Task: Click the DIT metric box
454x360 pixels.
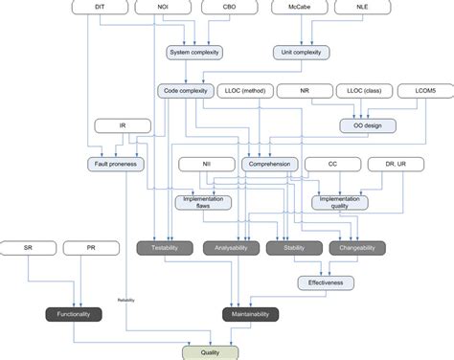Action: click(x=101, y=7)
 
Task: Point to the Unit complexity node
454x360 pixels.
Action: click(x=306, y=52)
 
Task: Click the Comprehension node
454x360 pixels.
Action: click(x=270, y=164)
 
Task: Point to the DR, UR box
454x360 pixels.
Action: click(x=397, y=164)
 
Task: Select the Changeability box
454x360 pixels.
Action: click(x=357, y=248)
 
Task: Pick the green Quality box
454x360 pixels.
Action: click(x=210, y=351)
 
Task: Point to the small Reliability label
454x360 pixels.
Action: click(x=127, y=301)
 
